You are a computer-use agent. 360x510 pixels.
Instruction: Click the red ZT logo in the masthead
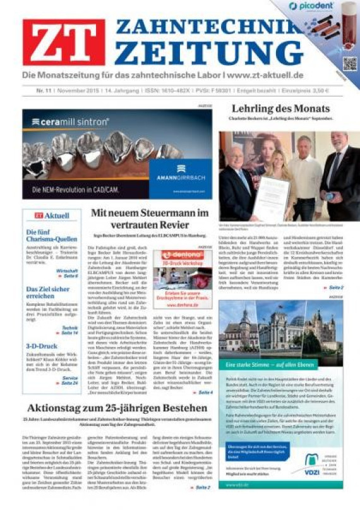pos(64,42)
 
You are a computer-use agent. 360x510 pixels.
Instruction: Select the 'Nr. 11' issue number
pos(44,90)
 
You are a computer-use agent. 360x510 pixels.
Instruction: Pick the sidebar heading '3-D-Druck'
pos(41,346)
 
